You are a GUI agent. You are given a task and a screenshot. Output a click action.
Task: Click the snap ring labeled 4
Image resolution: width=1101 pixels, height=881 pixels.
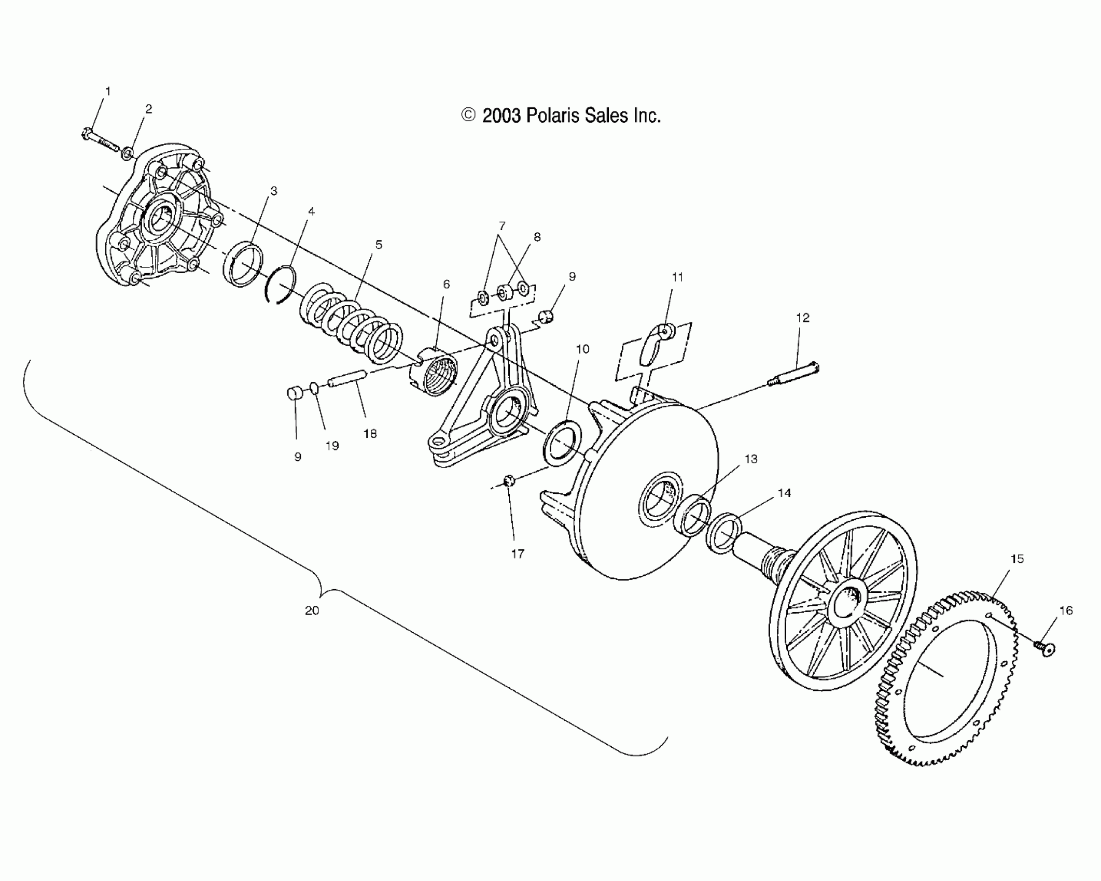point(281,285)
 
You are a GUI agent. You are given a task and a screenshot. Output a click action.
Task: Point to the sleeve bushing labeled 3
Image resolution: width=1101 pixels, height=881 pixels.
point(243,264)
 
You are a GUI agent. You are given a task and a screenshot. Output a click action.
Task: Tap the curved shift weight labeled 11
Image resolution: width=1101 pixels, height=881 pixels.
point(657,345)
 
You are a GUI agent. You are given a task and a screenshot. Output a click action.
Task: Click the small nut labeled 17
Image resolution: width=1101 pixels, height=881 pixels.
point(509,480)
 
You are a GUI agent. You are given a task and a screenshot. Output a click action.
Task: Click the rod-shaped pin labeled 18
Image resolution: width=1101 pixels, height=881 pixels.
point(348,378)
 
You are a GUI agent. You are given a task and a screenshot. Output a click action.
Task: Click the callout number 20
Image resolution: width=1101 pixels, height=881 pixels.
point(312,610)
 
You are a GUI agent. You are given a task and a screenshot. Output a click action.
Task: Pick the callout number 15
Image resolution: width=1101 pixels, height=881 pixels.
point(1017,559)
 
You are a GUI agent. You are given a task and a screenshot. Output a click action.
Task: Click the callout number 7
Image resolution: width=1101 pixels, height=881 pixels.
point(501,226)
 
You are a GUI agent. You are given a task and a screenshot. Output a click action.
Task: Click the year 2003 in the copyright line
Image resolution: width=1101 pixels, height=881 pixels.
point(501,116)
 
